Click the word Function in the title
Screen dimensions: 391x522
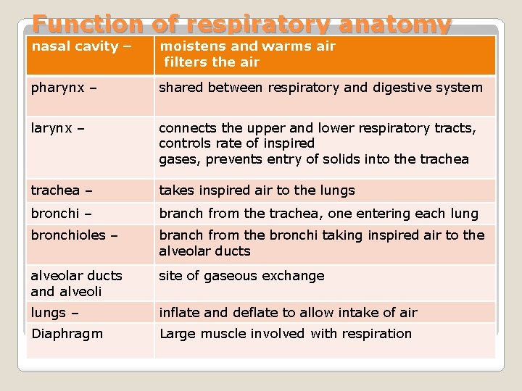point(78,25)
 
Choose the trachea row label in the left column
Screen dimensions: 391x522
point(55,190)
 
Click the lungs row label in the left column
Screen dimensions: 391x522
point(49,313)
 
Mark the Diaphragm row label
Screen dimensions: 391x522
point(67,334)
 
